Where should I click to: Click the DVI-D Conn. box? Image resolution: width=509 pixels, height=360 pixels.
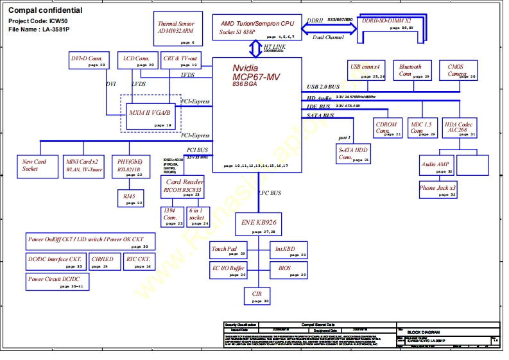88,60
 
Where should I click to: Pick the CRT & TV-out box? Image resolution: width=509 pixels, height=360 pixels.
180,60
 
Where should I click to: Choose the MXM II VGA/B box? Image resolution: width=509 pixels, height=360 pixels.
151,116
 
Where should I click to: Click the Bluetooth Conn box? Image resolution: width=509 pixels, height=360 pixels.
411,71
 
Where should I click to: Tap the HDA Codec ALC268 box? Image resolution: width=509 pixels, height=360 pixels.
460,128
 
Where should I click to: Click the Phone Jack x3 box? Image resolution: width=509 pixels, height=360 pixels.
438,190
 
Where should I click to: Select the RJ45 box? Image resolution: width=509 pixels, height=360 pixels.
131,198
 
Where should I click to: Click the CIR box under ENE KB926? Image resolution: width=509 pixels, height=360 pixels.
257,296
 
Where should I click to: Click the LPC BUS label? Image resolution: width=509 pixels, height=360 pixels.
270,193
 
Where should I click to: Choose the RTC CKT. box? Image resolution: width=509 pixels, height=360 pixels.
139,261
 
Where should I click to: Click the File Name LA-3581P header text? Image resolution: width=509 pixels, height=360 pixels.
39,30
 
